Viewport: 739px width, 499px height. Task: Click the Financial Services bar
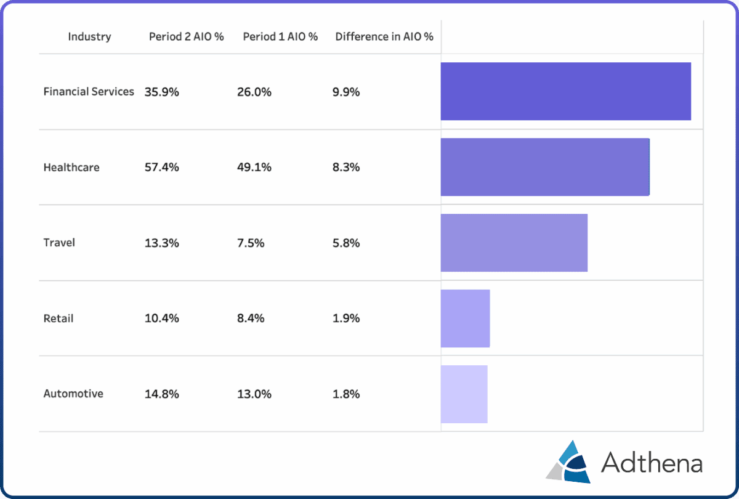click(x=565, y=91)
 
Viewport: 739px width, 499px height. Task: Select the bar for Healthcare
click(x=545, y=167)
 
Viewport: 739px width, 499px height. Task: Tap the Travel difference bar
click(x=514, y=243)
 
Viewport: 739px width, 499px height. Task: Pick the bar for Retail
click(x=465, y=318)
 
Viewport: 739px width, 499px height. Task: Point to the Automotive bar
click(x=464, y=394)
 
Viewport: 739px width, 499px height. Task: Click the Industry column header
click(x=89, y=36)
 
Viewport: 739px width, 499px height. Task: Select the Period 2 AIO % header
click(x=186, y=36)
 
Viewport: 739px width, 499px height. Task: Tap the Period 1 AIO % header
click(x=280, y=36)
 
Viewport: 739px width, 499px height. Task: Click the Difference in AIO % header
click(x=384, y=36)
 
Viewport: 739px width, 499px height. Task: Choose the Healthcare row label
click(x=71, y=167)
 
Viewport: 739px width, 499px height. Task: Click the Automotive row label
click(x=73, y=394)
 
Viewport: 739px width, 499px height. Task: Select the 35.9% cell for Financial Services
click(x=162, y=92)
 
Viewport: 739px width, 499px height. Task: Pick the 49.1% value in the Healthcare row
click(x=254, y=167)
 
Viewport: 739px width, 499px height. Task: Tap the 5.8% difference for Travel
click(x=346, y=243)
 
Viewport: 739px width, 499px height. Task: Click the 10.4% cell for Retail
click(x=162, y=318)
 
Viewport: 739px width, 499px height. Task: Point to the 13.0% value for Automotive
click(x=254, y=394)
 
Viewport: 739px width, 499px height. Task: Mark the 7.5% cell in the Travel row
click(x=251, y=243)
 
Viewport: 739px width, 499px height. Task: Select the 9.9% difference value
click(x=346, y=92)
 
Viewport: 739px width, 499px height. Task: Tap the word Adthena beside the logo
click(x=652, y=463)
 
